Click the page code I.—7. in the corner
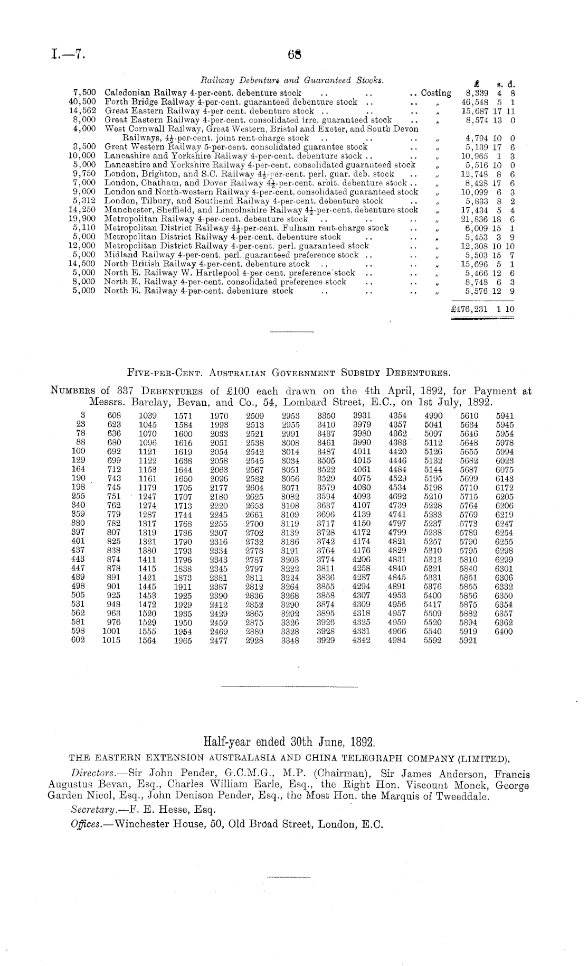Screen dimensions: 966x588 click(x=69, y=54)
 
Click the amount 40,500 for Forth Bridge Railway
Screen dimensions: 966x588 click(x=82, y=101)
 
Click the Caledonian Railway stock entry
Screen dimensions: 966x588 click(x=203, y=93)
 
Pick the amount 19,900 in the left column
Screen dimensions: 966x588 click(x=82, y=219)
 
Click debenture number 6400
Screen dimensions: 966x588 click(x=504, y=631)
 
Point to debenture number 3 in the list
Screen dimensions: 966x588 click(x=83, y=415)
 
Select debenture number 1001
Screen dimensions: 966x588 click(x=111, y=631)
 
